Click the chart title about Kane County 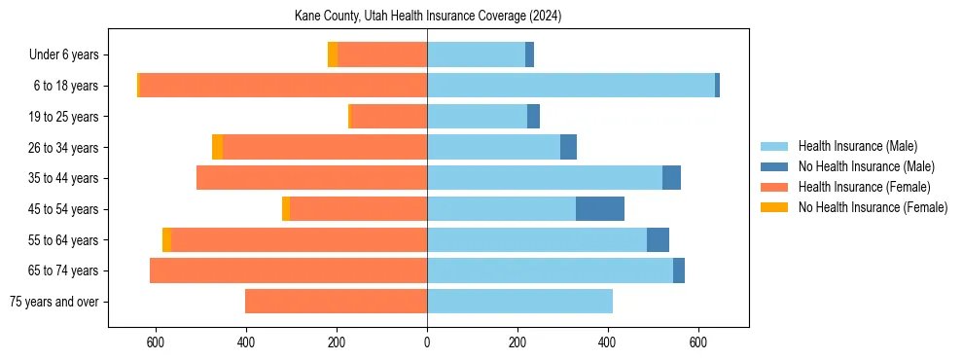(428, 17)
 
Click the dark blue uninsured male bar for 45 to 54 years (600, 209)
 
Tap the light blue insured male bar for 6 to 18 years (571, 86)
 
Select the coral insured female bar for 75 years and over (336, 302)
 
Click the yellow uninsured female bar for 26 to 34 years (217, 147)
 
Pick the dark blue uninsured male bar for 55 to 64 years (658, 239)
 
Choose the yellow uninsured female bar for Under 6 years (333, 55)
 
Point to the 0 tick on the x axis (427, 342)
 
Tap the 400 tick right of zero (608, 342)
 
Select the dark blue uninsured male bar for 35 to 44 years (671, 178)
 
